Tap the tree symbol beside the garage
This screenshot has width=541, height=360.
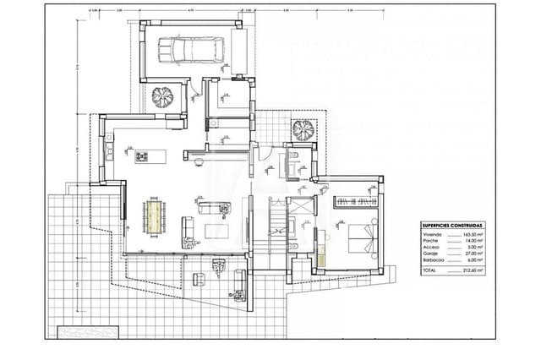click(162, 98)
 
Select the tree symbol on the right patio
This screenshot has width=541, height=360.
click(302, 129)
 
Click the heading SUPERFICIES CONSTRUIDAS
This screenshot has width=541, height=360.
click(451, 226)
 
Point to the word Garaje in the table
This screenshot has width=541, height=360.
click(429, 253)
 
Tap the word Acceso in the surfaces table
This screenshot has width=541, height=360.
click(430, 245)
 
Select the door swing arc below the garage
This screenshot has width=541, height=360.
click(196, 90)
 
